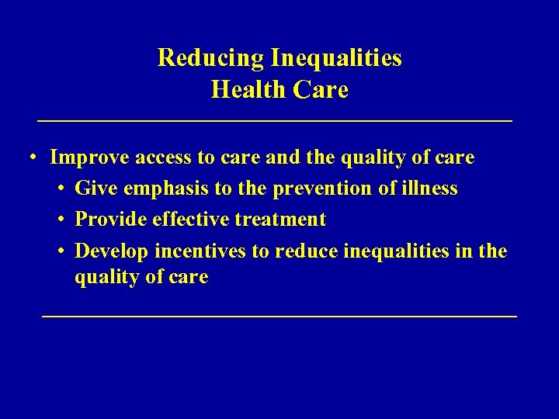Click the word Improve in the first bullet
[x=89, y=158]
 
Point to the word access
[x=164, y=158]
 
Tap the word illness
[x=432, y=189]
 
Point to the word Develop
[x=112, y=251]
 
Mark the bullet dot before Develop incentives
[x=61, y=251]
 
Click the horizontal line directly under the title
[x=276, y=121]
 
